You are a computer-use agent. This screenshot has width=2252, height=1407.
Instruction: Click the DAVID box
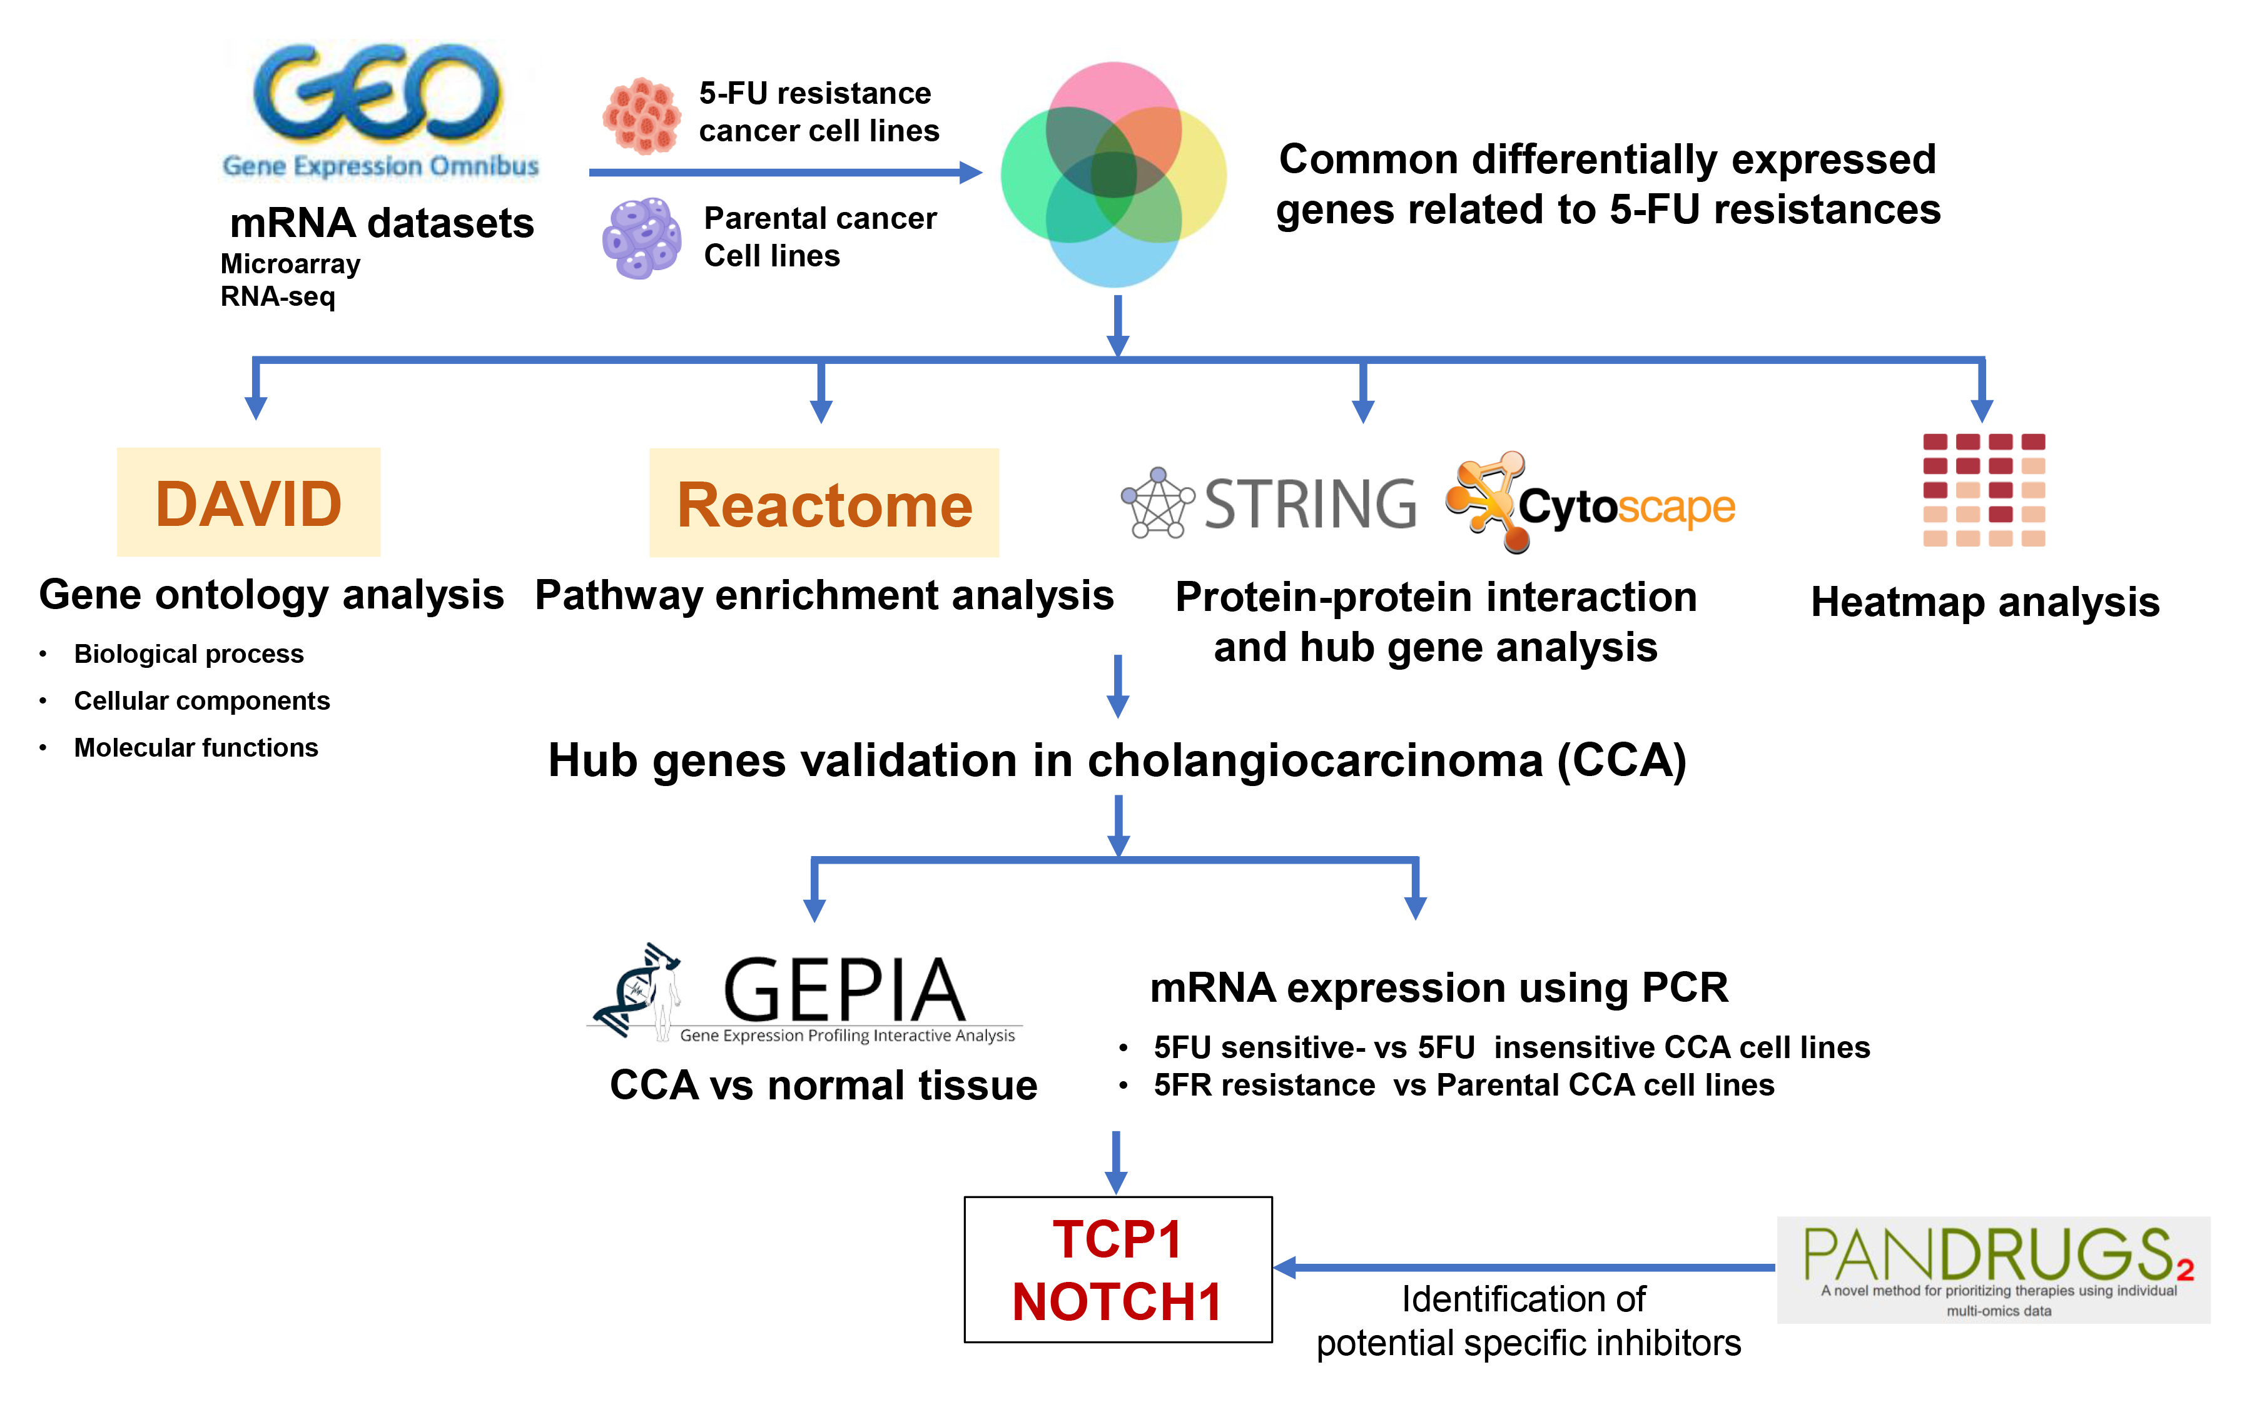pos(248,503)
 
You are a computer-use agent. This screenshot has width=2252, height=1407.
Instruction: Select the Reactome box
pos(824,503)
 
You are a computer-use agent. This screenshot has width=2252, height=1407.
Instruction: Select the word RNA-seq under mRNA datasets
pos(277,297)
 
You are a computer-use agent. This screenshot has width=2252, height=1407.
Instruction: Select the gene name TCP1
pos(1117,1239)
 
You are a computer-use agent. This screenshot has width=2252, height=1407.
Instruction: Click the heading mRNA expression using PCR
pos(1439,987)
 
